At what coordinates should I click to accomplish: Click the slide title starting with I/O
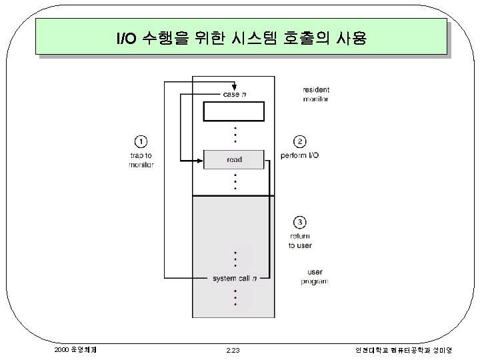(241, 37)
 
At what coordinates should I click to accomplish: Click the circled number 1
(141, 141)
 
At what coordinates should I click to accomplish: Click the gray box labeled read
(234, 159)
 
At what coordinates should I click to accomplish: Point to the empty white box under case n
(233, 111)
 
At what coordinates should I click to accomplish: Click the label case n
(234, 95)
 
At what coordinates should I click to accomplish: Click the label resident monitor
(315, 94)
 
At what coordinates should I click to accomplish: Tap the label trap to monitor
(141, 160)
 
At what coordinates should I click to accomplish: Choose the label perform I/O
(305, 155)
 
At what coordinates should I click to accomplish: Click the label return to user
(300, 241)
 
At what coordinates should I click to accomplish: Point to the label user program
(314, 277)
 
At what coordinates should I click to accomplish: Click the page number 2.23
(233, 349)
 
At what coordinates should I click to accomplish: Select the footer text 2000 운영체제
(77, 349)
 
